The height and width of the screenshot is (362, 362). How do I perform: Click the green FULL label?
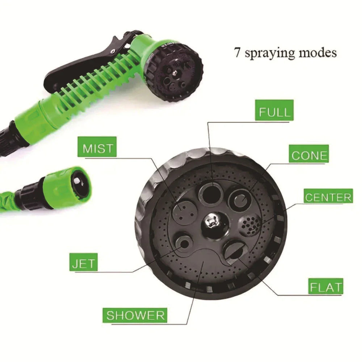274,111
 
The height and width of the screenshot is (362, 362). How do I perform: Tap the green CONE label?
309,155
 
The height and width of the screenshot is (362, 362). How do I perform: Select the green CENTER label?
328,197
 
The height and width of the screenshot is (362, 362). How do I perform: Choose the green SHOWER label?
135,315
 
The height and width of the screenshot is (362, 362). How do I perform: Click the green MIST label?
98,148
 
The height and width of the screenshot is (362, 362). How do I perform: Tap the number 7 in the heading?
237,53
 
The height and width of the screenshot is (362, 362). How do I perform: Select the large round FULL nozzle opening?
212,193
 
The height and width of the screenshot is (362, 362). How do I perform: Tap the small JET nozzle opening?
184,244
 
